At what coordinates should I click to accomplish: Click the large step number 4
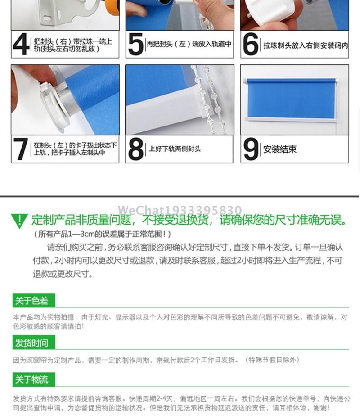pyautogui.click(x=21, y=44)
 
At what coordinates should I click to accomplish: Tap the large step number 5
pyautogui.click(x=136, y=44)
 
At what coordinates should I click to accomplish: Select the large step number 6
pyautogui.click(x=251, y=44)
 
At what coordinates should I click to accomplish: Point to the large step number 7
pyautogui.click(x=20, y=149)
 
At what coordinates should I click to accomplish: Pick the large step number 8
pyautogui.click(x=136, y=149)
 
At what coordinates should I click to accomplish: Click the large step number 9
pyautogui.click(x=251, y=149)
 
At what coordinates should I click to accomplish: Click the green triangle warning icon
pyautogui.click(x=19, y=220)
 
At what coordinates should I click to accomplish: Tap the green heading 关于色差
pyautogui.click(x=31, y=301)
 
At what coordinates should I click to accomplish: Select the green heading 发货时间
pyautogui.click(x=31, y=343)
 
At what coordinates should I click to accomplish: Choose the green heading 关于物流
pyautogui.click(x=31, y=379)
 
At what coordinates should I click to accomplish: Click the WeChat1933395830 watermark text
pyautogui.click(x=180, y=210)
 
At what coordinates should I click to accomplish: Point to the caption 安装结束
pyautogui.click(x=279, y=149)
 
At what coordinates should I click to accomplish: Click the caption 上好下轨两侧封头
pyautogui.click(x=175, y=149)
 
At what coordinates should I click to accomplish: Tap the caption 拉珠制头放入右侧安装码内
pyautogui.click(x=306, y=45)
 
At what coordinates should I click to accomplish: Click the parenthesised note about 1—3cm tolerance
pyautogui.click(x=102, y=234)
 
